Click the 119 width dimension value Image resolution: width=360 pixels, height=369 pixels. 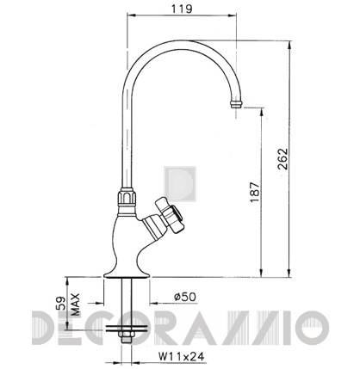point(182,9)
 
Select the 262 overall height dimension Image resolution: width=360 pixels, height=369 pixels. point(282,159)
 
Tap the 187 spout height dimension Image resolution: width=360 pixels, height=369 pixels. point(255,192)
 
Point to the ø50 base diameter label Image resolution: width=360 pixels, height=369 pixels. point(185,297)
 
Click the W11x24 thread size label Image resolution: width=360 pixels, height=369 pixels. point(182,356)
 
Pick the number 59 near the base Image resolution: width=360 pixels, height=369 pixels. point(61,304)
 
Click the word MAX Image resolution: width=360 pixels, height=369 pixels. point(75,304)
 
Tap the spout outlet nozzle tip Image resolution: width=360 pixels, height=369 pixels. point(236,104)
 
